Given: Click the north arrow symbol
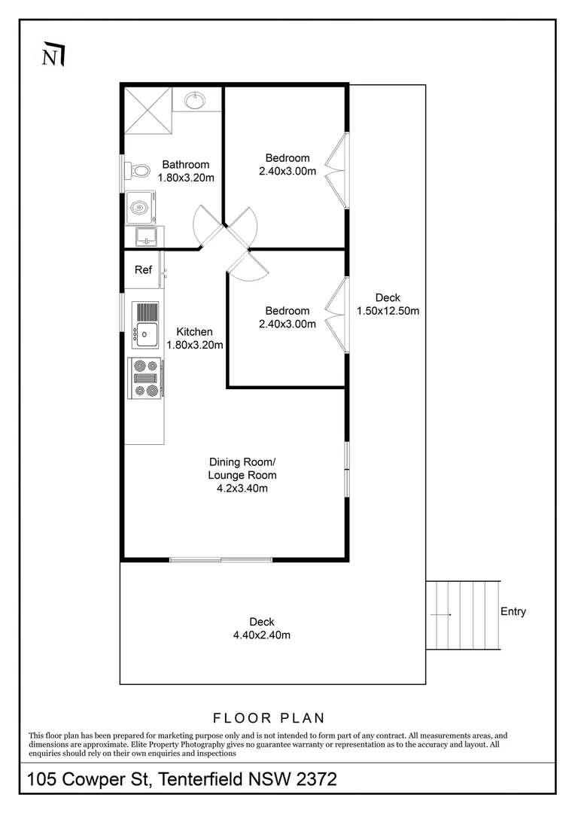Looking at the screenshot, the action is pos(53,54).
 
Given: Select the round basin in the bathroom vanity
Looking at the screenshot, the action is pos(195,101).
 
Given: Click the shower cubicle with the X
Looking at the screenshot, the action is pos(148,111).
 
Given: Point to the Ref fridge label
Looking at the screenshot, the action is pos(143,269).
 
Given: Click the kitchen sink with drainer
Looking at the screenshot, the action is pos(145,325).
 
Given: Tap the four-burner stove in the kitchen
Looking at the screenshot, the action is pos(146,379).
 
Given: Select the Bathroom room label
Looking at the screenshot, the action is pos(186,164).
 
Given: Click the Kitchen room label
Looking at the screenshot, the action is pos(194,332).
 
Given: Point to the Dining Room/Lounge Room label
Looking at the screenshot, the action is pos(242,468).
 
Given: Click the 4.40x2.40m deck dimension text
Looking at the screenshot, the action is pos(262,635).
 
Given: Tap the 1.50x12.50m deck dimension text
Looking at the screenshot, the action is pos(388,311).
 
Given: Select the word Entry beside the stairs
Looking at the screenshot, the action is pos(513,611).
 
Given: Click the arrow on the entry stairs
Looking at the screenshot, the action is pos(441,615).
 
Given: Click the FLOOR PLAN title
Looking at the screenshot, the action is pos(269,718).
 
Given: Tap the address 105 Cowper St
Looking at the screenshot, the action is pos(89,779).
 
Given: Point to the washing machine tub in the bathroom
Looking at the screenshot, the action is pos(139,208).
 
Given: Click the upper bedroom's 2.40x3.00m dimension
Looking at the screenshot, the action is pos(287,171).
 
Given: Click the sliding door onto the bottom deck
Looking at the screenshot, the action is pos(221,559).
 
